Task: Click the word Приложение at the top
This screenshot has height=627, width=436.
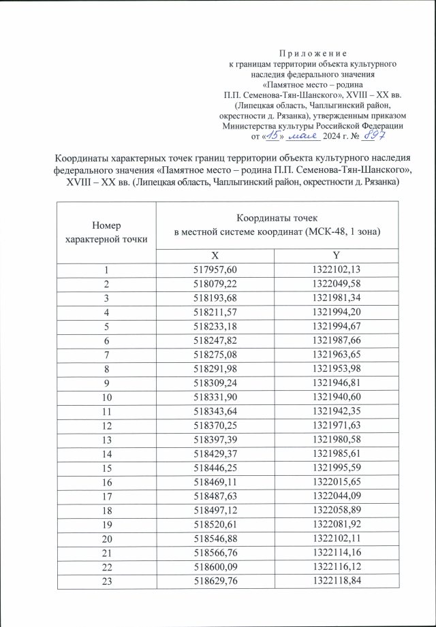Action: point(313,53)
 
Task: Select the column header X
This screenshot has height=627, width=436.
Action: point(215,255)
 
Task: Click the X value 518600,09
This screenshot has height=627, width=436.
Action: point(215,564)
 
